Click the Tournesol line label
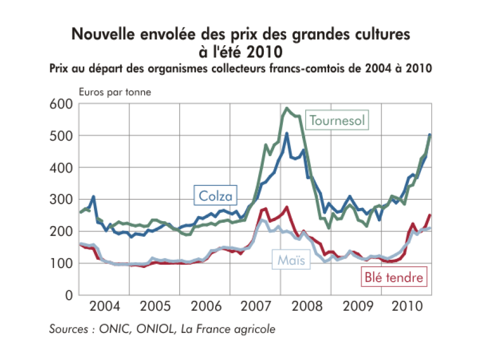click(x=337, y=120)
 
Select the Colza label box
click(x=216, y=195)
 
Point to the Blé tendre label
click(x=393, y=277)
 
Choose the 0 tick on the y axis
click(x=69, y=295)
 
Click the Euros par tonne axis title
click(x=115, y=92)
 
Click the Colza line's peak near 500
click(x=287, y=133)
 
